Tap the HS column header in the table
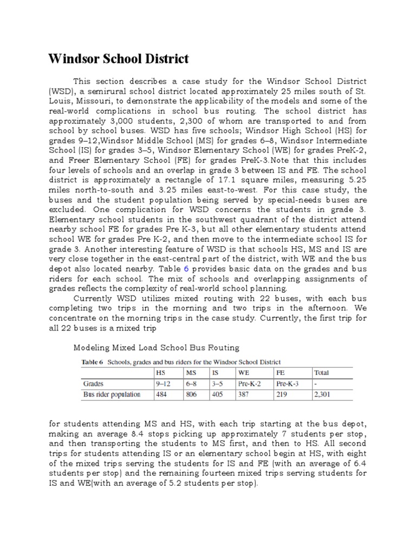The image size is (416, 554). tap(160, 373)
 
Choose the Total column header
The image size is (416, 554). tap(321, 373)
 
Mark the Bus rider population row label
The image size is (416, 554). tap(111, 394)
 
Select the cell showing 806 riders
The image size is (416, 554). tap(192, 394)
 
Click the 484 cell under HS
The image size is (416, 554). tap(162, 394)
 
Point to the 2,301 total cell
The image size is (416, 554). tap(321, 394)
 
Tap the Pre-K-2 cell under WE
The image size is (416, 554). tap(249, 384)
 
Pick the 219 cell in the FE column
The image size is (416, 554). tap(281, 394)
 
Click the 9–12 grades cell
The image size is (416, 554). tap(162, 384)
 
